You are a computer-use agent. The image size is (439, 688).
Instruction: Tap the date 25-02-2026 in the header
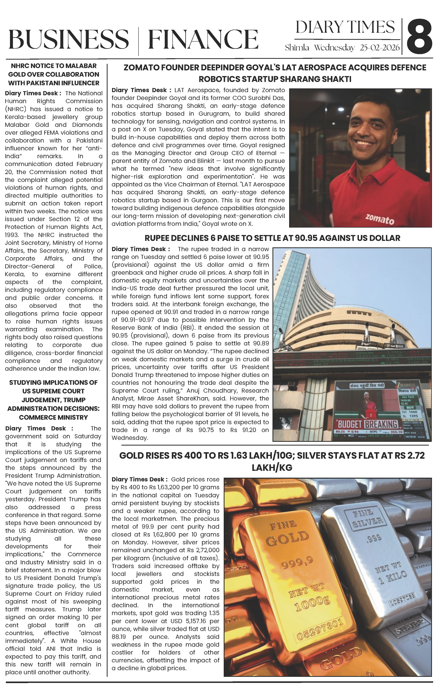pyautogui.click(x=380, y=48)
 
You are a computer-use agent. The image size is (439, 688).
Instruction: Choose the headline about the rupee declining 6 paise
pyautogui.click(x=272, y=238)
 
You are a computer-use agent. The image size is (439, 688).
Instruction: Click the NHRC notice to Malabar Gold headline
pyautogui.click(x=54, y=74)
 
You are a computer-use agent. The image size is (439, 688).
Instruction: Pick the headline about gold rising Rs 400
pyautogui.click(x=272, y=461)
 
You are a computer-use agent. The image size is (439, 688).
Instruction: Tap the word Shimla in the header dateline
pyautogui.click(x=297, y=48)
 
